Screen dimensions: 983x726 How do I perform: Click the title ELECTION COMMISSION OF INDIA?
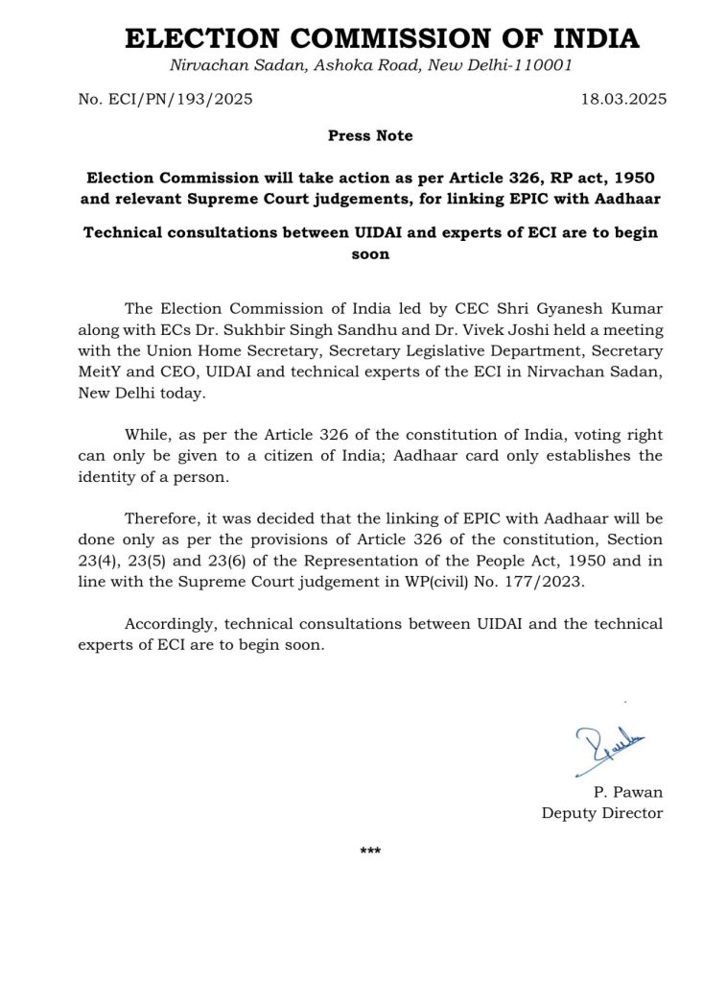pos(382,38)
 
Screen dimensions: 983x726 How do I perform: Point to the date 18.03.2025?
pos(623,99)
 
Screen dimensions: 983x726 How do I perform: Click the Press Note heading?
pos(370,136)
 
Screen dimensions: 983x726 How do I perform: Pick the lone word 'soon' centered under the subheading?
pos(370,254)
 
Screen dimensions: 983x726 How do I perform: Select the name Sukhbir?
pos(259,329)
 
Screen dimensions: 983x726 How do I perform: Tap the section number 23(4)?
pos(102,562)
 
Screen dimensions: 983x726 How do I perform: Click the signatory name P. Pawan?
pos(628,792)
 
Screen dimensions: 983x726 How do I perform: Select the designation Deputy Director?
pos(602,813)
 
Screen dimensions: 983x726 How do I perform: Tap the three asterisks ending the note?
pos(370,851)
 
